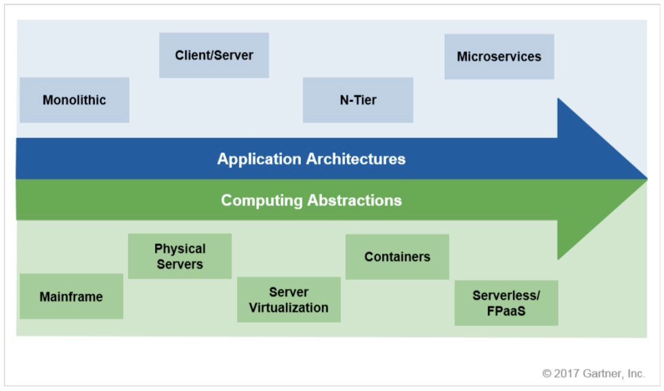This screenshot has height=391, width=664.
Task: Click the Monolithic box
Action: click(x=74, y=100)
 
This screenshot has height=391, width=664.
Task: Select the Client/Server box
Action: click(x=214, y=56)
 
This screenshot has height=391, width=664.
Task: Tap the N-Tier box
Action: click(x=358, y=100)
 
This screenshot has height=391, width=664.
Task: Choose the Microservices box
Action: click(x=499, y=57)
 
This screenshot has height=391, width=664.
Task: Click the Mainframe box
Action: click(x=71, y=297)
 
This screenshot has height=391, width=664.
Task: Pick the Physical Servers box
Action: click(x=180, y=256)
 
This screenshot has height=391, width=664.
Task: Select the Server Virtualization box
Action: click(x=288, y=300)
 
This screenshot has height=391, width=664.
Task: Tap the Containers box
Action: click(x=397, y=256)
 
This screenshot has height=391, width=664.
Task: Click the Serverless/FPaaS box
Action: click(x=506, y=303)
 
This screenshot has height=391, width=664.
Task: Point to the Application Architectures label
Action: click(x=311, y=159)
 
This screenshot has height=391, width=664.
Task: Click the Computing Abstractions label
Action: click(x=311, y=200)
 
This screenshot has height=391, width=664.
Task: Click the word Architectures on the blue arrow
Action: click(x=356, y=159)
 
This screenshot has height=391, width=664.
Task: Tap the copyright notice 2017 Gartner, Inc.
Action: click(x=594, y=373)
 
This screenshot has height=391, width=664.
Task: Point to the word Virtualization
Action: click(x=288, y=308)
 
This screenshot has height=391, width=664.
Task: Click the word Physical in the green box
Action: click(x=180, y=249)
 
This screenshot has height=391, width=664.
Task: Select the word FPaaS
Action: click(x=506, y=311)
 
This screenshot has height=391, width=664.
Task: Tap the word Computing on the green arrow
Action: click(x=262, y=200)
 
